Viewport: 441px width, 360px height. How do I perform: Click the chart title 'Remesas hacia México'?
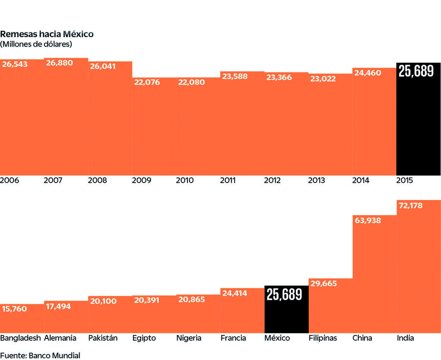[47, 34]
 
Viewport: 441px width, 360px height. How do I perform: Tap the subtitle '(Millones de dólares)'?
[36, 44]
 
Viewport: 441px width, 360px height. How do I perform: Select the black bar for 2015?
[418, 125]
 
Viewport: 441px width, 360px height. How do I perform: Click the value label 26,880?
[59, 63]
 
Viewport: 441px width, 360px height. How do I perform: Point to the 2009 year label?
[142, 180]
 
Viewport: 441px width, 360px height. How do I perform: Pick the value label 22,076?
[147, 82]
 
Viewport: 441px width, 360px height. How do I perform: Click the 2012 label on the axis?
[273, 180]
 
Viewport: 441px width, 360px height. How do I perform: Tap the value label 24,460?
[367, 73]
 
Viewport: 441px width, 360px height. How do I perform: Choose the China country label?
[362, 338]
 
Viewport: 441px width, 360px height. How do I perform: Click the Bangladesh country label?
[21, 338]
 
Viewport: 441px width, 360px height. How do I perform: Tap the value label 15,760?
[15, 309]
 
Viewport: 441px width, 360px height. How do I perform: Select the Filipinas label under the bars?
[323, 338]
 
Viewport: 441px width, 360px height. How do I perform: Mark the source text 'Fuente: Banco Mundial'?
[40, 355]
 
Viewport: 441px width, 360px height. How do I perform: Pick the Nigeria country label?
[189, 338]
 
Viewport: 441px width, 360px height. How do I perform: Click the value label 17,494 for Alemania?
[59, 306]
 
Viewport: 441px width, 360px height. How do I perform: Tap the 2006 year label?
[9, 180]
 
